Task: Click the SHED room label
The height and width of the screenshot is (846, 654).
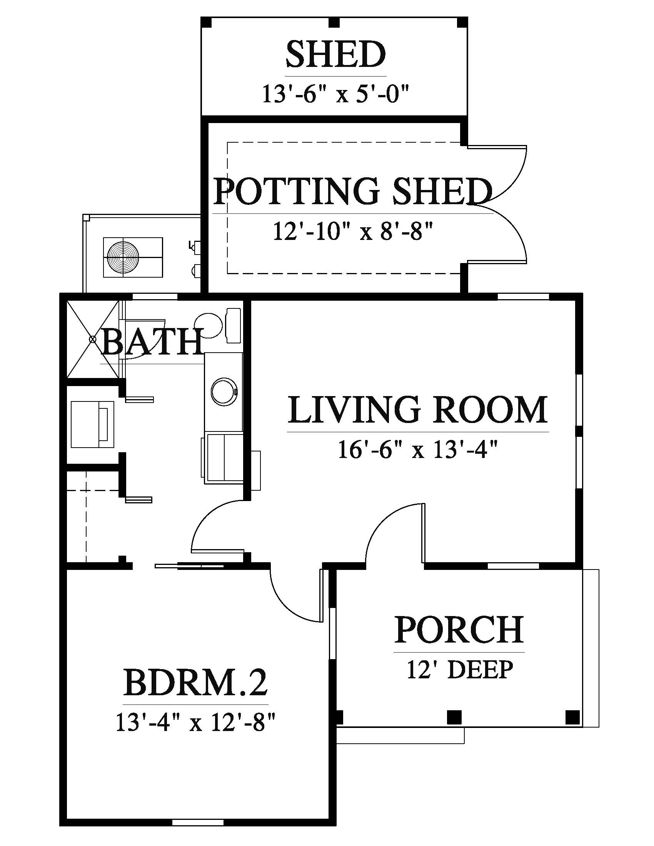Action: click(x=335, y=55)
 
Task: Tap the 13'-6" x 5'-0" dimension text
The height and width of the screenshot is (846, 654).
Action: click(x=336, y=94)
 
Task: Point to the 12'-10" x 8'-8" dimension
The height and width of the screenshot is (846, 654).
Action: click(x=352, y=231)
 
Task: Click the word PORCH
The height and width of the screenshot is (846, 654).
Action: click(x=459, y=630)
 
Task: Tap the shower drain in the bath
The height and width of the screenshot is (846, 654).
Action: click(x=93, y=339)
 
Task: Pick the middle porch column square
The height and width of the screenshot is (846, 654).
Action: click(x=454, y=717)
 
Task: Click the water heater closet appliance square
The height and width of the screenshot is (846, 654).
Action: click(x=93, y=425)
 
